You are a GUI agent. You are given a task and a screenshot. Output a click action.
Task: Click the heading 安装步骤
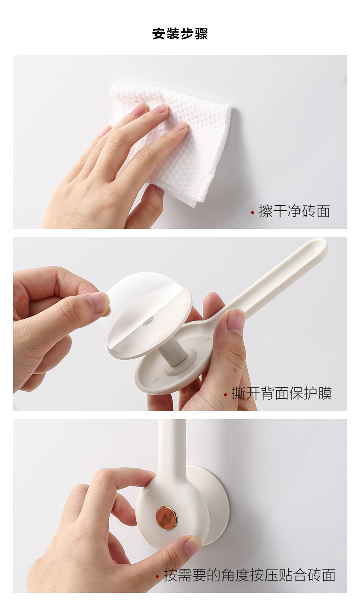(180, 34)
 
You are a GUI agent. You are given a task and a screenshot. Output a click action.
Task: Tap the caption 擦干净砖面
(294, 211)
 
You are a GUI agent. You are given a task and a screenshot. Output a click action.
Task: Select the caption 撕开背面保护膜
(282, 393)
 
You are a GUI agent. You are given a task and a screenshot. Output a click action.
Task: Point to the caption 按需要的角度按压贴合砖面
(249, 575)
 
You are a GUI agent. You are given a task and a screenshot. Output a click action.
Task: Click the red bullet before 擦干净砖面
(253, 213)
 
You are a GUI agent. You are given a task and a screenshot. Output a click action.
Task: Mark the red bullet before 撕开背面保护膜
(225, 395)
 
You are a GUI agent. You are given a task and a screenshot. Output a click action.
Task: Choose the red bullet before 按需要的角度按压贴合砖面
(157, 576)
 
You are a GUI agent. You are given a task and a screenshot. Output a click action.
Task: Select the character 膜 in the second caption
(325, 393)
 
